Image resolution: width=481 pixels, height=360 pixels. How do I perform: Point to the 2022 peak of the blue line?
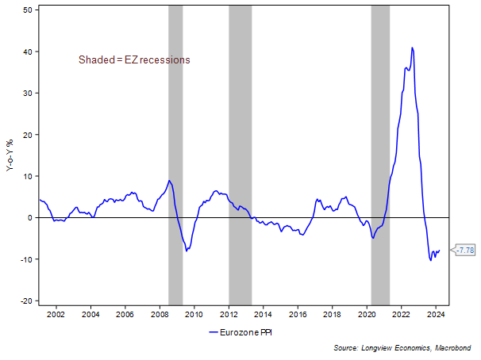click(x=412, y=48)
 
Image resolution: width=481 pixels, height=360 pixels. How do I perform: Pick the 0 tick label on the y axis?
click(x=29, y=217)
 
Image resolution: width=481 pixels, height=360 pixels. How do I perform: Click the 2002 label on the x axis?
click(x=56, y=315)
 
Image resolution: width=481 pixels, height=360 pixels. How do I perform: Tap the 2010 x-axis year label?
click(x=194, y=315)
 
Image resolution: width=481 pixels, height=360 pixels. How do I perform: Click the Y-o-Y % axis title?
click(x=10, y=155)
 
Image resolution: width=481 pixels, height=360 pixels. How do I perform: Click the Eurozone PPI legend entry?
click(x=244, y=332)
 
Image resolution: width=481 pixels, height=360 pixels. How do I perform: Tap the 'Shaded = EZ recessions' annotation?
click(x=134, y=59)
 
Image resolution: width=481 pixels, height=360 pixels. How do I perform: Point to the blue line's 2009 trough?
click(x=187, y=251)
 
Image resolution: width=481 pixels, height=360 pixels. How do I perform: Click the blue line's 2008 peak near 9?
click(x=169, y=181)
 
